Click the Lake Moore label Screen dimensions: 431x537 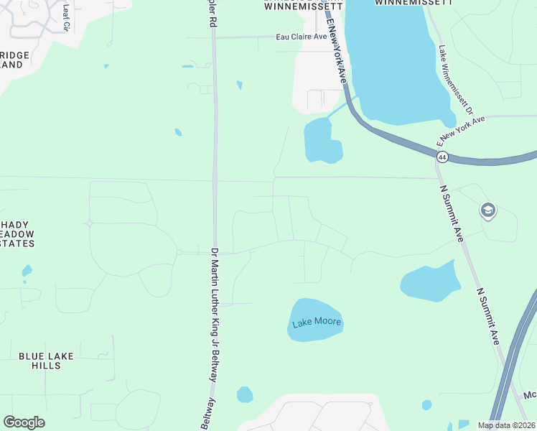click(x=316, y=322)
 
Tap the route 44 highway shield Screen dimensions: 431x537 click(x=442, y=156)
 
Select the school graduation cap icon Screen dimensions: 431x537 click(x=488, y=210)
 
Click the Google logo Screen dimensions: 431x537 click(x=24, y=422)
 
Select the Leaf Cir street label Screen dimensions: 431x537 click(x=67, y=16)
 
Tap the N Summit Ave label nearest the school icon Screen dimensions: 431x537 click(x=451, y=213)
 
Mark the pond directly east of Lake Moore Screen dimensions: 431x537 click(x=430, y=281)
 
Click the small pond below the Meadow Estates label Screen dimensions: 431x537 click(x=27, y=271)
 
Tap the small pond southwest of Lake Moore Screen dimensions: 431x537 click(x=245, y=394)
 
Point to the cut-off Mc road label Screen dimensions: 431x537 click(x=530, y=395)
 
